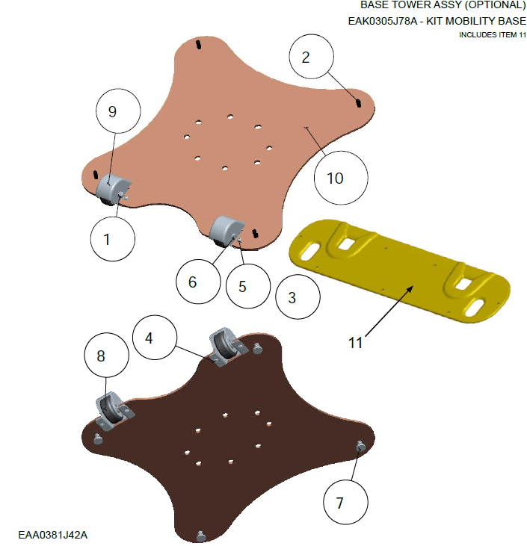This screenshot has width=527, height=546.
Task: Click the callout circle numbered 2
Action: coord(311,57)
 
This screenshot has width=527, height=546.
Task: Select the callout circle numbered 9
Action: coord(118,111)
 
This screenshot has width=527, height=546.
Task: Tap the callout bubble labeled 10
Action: coord(341,178)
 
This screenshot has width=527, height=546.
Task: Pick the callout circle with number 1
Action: coord(113,239)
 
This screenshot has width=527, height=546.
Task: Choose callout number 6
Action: coord(198,282)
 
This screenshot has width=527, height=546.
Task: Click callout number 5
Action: coord(248,286)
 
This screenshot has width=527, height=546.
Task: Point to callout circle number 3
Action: coord(298,297)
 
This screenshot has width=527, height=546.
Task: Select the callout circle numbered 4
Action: coord(155,338)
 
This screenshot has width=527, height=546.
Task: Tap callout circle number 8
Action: coord(107,356)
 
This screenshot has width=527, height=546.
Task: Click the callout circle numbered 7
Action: coord(346,502)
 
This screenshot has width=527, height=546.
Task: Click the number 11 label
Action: coord(356,343)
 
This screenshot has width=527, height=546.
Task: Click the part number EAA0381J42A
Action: coord(52,535)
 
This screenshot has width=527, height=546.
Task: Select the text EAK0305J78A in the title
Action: coord(382,21)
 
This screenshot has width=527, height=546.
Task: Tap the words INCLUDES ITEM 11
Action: coord(493,35)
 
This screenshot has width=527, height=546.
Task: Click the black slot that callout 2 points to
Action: coord(358,103)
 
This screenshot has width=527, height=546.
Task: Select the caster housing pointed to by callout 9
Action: coord(113,189)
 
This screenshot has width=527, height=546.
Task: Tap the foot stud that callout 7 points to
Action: coord(361,446)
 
